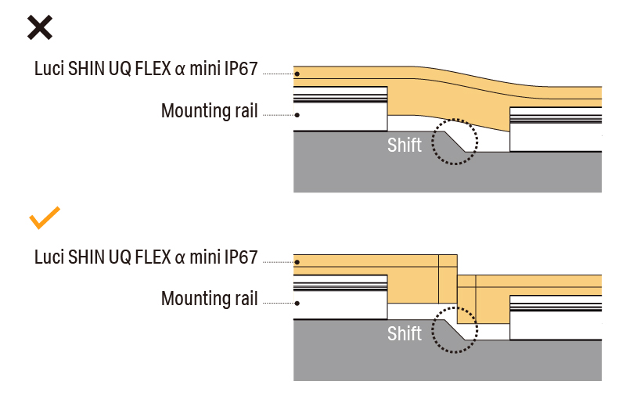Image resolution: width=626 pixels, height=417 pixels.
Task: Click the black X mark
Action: point(40,27)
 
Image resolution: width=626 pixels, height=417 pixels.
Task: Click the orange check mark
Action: point(45,218)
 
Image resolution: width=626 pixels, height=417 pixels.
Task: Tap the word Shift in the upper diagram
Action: point(405,145)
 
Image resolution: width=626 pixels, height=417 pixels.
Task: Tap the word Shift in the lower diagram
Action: point(405,334)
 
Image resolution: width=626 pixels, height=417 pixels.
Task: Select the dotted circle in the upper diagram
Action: point(455,142)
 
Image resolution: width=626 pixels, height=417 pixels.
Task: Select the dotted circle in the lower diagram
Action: point(455,330)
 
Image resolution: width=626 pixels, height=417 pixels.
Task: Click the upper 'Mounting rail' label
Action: point(209,111)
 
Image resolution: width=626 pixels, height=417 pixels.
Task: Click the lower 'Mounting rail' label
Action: point(209,299)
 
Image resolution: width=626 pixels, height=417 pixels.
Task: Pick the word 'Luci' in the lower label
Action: point(49,257)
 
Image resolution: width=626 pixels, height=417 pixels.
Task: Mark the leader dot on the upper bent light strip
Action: point(297,74)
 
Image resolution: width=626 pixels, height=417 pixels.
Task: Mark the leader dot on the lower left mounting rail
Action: point(297,303)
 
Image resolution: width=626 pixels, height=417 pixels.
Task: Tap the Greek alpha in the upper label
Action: point(180,69)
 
